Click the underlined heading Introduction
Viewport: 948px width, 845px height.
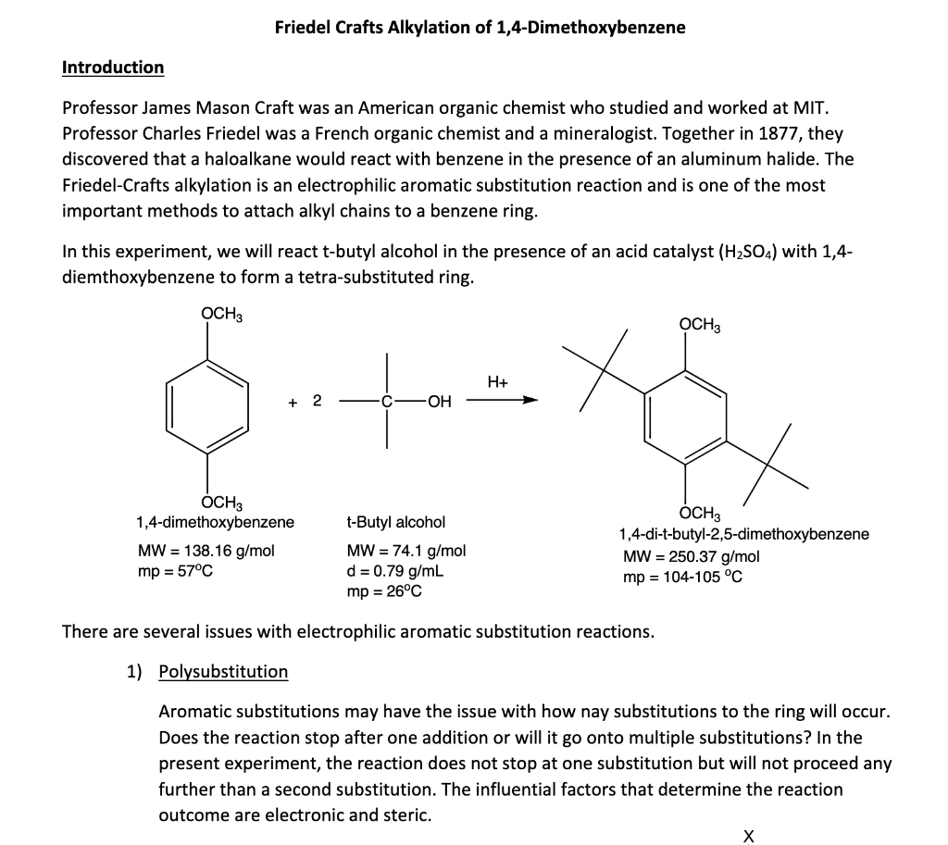tap(112, 68)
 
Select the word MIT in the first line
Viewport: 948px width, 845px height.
tap(812, 109)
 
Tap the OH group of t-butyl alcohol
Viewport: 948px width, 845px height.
tap(440, 402)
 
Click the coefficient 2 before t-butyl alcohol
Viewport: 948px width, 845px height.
tap(317, 401)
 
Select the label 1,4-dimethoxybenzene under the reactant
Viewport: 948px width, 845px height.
tap(215, 522)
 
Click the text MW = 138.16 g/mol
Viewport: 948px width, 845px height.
tap(206, 551)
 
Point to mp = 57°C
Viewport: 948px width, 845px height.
tap(175, 570)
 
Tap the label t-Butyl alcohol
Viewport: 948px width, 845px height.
tap(395, 523)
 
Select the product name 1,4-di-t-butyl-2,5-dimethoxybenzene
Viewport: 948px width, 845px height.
tap(744, 534)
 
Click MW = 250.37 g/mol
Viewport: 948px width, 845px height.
tap(691, 556)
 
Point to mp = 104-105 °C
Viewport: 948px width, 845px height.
tap(683, 577)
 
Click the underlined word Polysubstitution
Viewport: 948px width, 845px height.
tap(223, 671)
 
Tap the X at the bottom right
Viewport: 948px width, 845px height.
tap(749, 836)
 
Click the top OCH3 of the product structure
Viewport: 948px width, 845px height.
tap(699, 326)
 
